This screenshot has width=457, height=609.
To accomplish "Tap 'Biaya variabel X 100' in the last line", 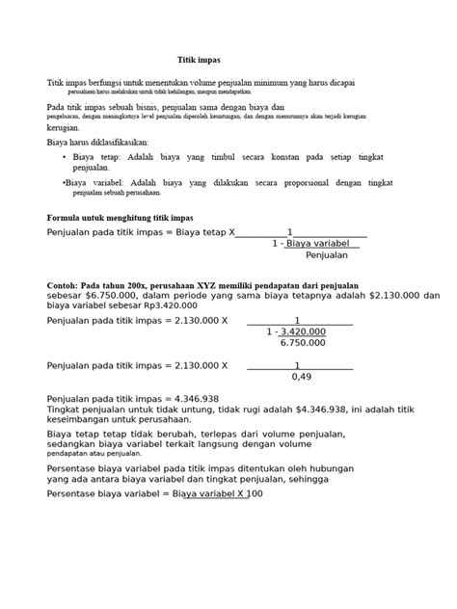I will [217, 494].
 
